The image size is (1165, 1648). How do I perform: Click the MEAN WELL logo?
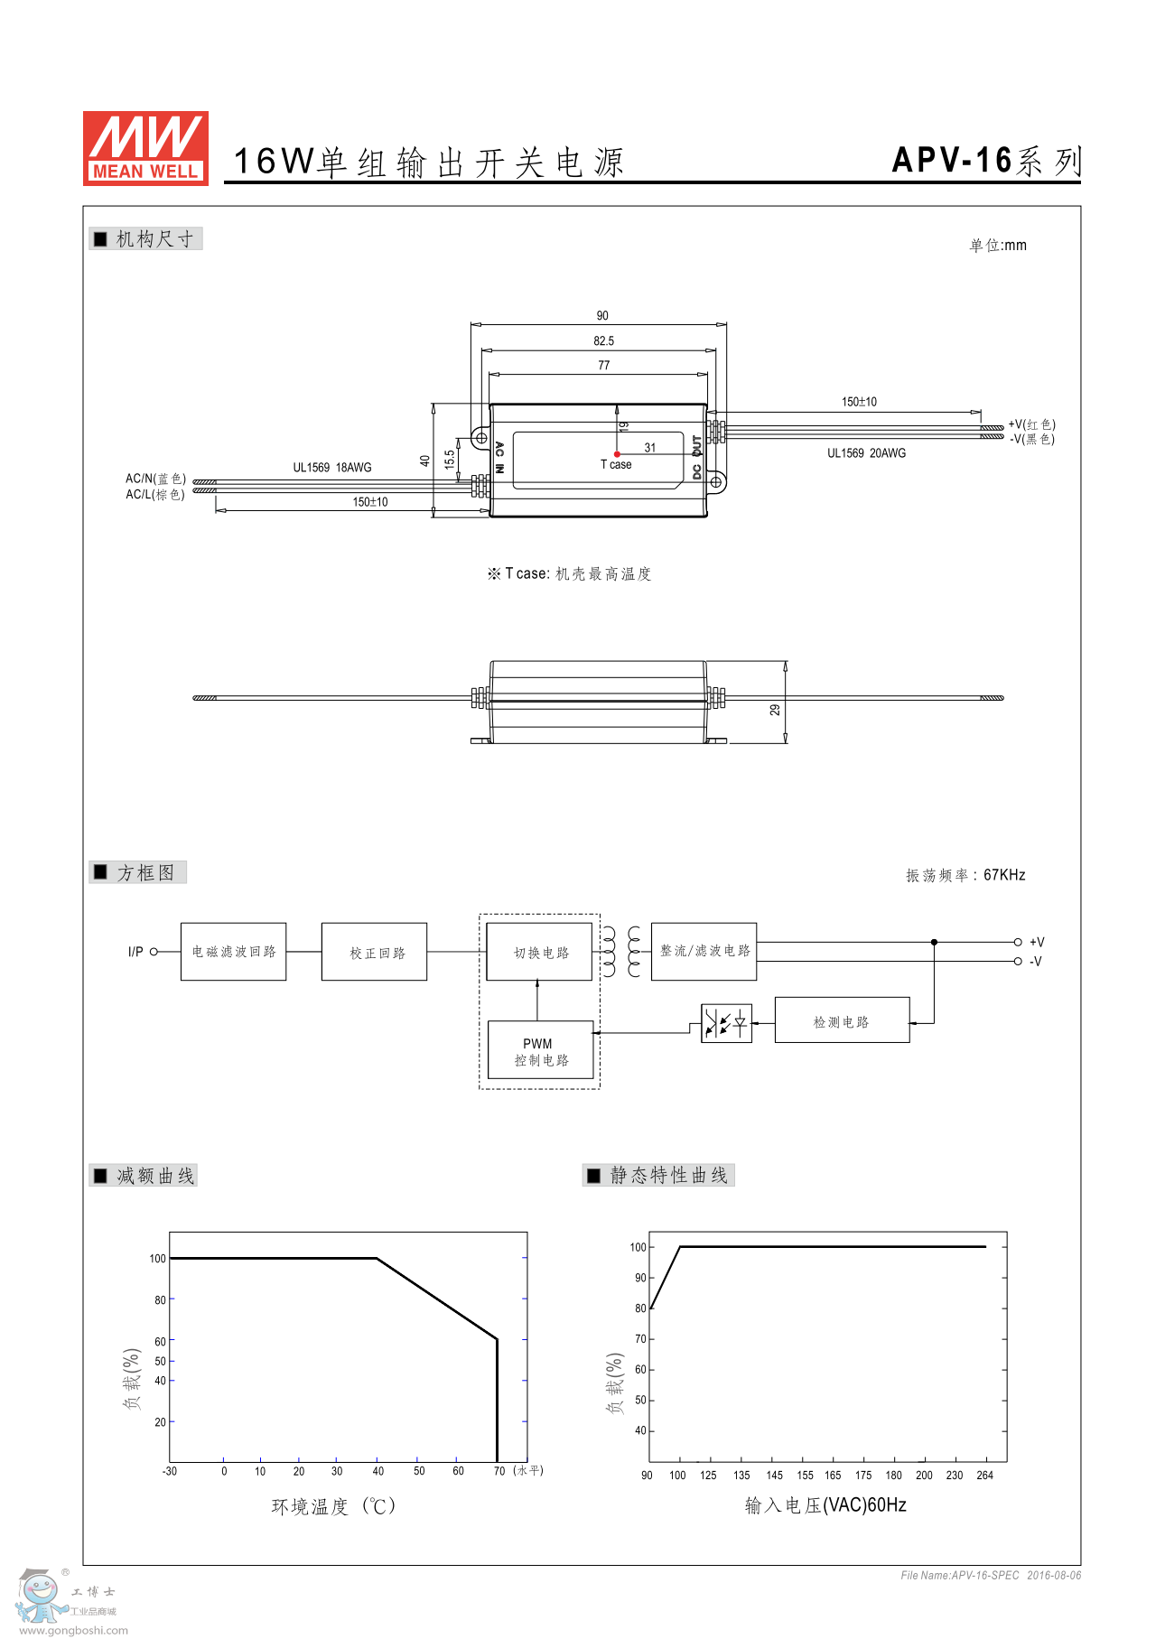(x=145, y=148)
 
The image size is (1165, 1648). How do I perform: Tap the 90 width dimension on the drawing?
(x=602, y=316)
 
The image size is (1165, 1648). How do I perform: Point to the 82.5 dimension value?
(x=604, y=341)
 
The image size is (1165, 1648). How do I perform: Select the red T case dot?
(x=617, y=454)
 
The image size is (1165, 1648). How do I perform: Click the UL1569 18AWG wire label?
(x=332, y=468)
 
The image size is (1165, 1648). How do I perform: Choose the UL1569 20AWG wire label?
(x=867, y=453)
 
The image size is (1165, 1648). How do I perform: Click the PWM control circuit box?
(x=540, y=1050)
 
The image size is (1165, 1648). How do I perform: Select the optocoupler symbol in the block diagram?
(x=726, y=1023)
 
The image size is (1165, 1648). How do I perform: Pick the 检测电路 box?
(x=842, y=1020)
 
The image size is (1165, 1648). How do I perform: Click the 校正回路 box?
(x=374, y=952)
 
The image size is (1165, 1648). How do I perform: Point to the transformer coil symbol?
(x=622, y=952)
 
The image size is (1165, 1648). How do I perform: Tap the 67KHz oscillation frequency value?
(x=1004, y=875)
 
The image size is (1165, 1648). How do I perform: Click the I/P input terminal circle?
(x=154, y=952)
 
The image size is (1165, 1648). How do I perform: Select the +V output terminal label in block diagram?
(x=1037, y=942)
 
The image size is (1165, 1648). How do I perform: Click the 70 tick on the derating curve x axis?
(x=499, y=1471)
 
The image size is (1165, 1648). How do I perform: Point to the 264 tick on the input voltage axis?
(x=984, y=1476)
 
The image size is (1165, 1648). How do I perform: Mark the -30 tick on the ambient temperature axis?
(x=169, y=1471)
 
